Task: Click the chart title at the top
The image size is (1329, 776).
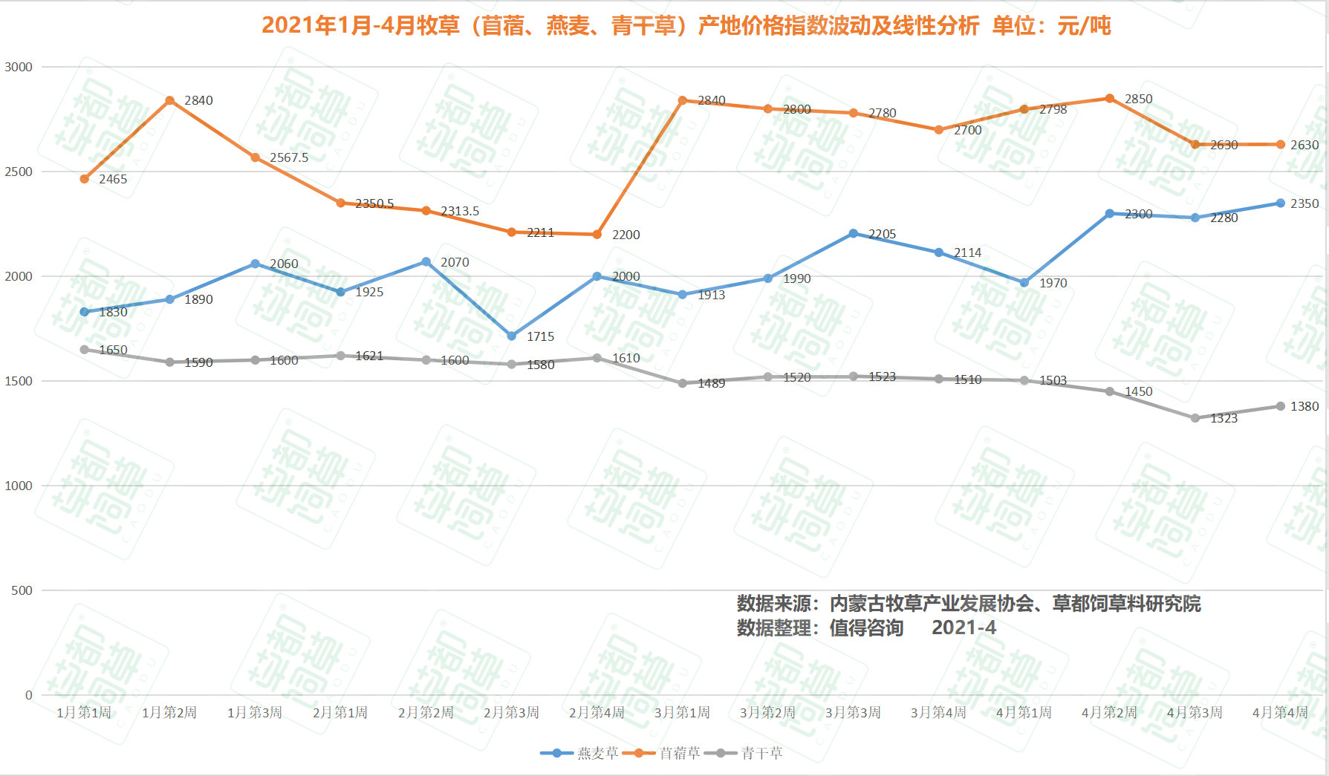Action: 686,26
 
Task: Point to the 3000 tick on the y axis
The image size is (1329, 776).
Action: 19,67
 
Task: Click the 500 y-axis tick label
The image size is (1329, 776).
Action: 22,590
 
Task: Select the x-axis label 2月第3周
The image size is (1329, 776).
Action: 511,713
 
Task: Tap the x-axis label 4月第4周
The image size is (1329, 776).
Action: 1280,713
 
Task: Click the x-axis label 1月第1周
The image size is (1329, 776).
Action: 84,713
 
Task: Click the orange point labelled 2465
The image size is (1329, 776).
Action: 85,179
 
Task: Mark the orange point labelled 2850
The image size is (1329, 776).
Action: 1110,99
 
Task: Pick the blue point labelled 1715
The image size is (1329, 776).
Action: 512,336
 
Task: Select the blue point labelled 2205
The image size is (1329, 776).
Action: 854,233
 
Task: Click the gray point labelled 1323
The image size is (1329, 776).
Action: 1195,418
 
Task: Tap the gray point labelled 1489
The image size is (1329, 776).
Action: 683,383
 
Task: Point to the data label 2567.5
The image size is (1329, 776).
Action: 289,157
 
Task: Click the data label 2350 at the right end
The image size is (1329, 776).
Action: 1304,203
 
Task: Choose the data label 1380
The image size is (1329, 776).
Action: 1304,406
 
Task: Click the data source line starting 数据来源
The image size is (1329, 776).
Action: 968,604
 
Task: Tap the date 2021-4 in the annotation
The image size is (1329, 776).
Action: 964,628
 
